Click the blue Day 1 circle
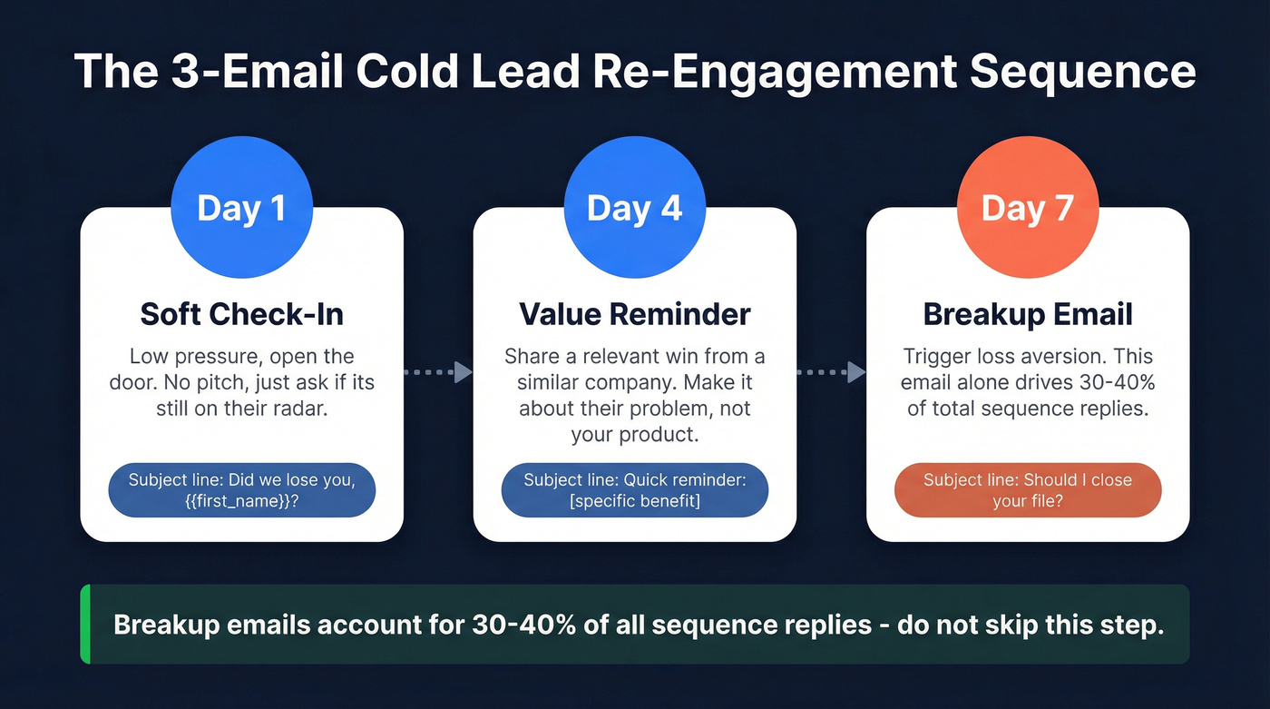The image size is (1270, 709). pyautogui.click(x=241, y=208)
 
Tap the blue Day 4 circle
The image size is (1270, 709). pyautogui.click(x=634, y=208)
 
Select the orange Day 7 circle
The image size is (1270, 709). pyautogui.click(x=1028, y=208)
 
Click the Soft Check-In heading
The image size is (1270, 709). pyautogui.click(x=241, y=314)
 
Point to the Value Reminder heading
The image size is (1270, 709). pyautogui.click(x=634, y=314)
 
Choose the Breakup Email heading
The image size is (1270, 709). pyautogui.click(x=1028, y=314)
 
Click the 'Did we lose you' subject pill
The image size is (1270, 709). pyautogui.click(x=241, y=491)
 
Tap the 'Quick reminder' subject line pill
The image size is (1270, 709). pyautogui.click(x=634, y=491)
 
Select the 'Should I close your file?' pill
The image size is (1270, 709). pyautogui.click(x=1028, y=491)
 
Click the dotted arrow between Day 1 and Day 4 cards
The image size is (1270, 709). pyautogui.click(x=438, y=372)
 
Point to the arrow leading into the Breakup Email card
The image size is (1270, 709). pyautogui.click(x=831, y=372)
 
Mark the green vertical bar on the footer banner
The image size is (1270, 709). pyautogui.click(x=85, y=624)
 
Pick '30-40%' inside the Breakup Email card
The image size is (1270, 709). pyautogui.click(x=1115, y=382)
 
